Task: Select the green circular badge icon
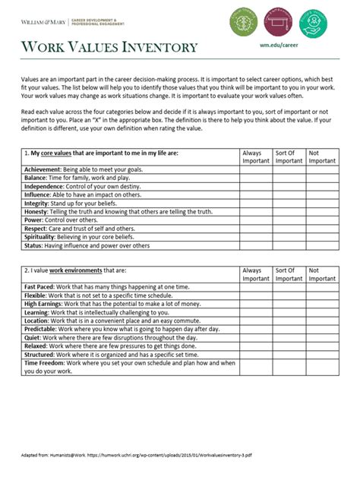[x=244, y=23]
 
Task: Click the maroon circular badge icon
[x=277, y=23]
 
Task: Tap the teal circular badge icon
[x=311, y=23]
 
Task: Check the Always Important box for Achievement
[x=255, y=169]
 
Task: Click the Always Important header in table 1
[x=255, y=156]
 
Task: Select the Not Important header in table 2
[x=322, y=273]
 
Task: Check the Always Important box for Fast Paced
[x=255, y=287]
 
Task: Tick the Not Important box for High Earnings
[x=322, y=304]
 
